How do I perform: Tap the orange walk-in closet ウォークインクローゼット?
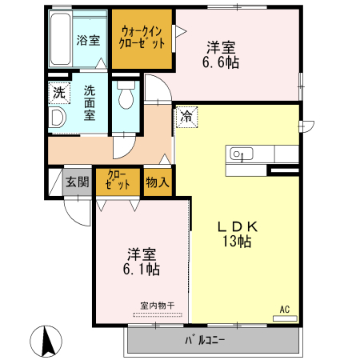point(142,38)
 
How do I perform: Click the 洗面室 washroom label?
point(90,102)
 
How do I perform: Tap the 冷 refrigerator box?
point(186,116)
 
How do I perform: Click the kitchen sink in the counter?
point(239,154)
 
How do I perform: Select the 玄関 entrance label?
point(78,181)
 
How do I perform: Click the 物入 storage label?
point(158,181)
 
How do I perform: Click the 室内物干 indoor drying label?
point(155,306)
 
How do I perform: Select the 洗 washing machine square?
point(58,93)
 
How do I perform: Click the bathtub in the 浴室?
point(62,40)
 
